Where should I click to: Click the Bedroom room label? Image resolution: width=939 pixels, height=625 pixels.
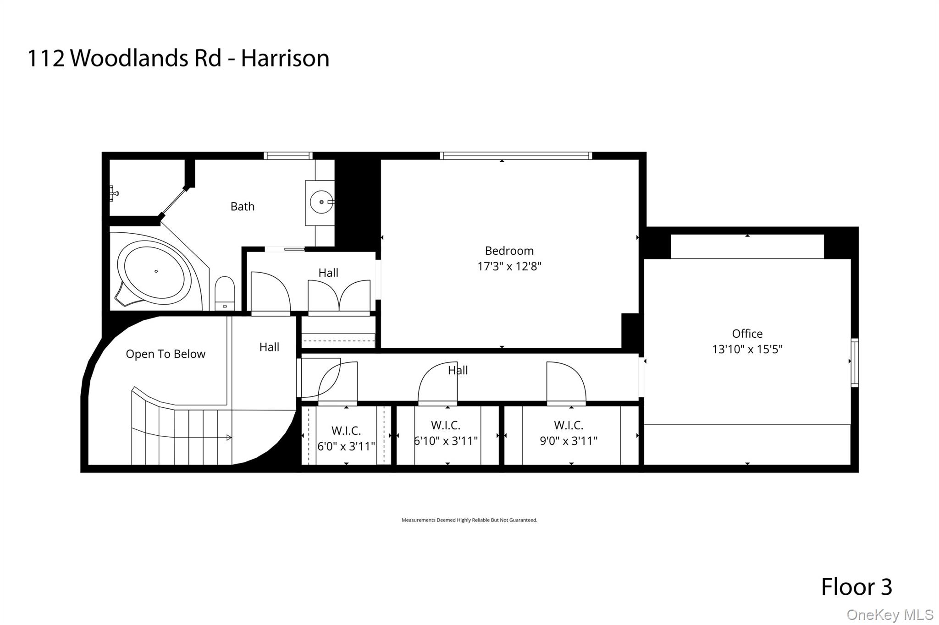[509, 251]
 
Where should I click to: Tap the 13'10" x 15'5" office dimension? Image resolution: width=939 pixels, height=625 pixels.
[747, 349]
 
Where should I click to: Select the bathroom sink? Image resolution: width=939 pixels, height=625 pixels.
[321, 202]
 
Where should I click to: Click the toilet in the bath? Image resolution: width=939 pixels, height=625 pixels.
[225, 293]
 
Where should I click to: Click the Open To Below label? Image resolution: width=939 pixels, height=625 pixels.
[166, 354]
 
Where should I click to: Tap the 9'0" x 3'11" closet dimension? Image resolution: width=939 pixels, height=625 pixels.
[569, 441]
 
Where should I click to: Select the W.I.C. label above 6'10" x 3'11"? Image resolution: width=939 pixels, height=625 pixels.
[445, 425]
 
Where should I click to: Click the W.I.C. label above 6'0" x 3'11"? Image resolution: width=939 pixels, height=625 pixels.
[346, 431]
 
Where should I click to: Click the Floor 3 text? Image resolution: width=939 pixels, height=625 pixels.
[856, 587]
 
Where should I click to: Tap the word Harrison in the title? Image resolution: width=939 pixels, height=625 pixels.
[285, 58]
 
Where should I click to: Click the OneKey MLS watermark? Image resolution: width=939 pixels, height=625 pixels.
[889, 615]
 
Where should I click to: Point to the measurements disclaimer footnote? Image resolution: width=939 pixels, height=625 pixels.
[469, 520]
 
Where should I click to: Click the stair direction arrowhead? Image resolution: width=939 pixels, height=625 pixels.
[229, 438]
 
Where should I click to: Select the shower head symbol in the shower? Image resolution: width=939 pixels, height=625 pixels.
[113, 193]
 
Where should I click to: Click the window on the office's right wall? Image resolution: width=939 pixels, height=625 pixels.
[855, 362]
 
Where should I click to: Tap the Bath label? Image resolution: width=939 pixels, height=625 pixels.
[242, 207]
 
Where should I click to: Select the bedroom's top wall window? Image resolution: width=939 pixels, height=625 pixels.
[516, 156]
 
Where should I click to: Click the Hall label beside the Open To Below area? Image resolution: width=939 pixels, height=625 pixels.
[269, 347]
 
